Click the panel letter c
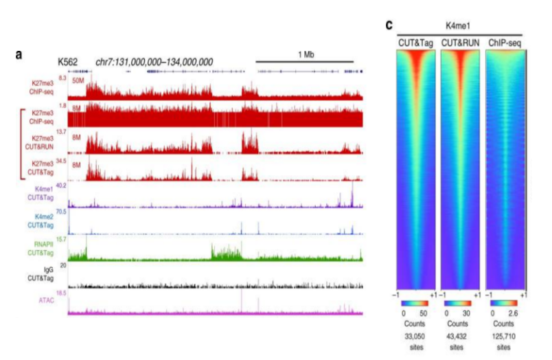pos(389,25)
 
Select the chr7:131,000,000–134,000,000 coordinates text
pos(154,62)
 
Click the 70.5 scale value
pos(61,212)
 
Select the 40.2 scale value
pos(61,185)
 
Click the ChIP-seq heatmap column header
pos(505,43)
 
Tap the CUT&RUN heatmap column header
pos(460,43)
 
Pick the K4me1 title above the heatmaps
pos(460,27)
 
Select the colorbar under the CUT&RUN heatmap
pos(460,303)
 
